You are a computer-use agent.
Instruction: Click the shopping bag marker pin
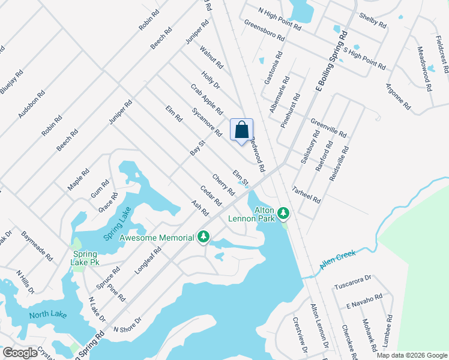pos(241,130)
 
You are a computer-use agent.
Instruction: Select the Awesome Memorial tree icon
pos(204,237)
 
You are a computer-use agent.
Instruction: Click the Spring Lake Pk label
pos(85,259)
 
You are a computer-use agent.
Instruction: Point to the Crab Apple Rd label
pos(206,99)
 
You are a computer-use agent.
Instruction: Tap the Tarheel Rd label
pos(306,192)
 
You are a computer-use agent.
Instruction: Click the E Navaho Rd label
pos(364,302)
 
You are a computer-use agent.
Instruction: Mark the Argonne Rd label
pos(399,97)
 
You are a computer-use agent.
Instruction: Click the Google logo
pos(20,353)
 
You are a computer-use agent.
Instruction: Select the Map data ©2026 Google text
pos(412,355)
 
